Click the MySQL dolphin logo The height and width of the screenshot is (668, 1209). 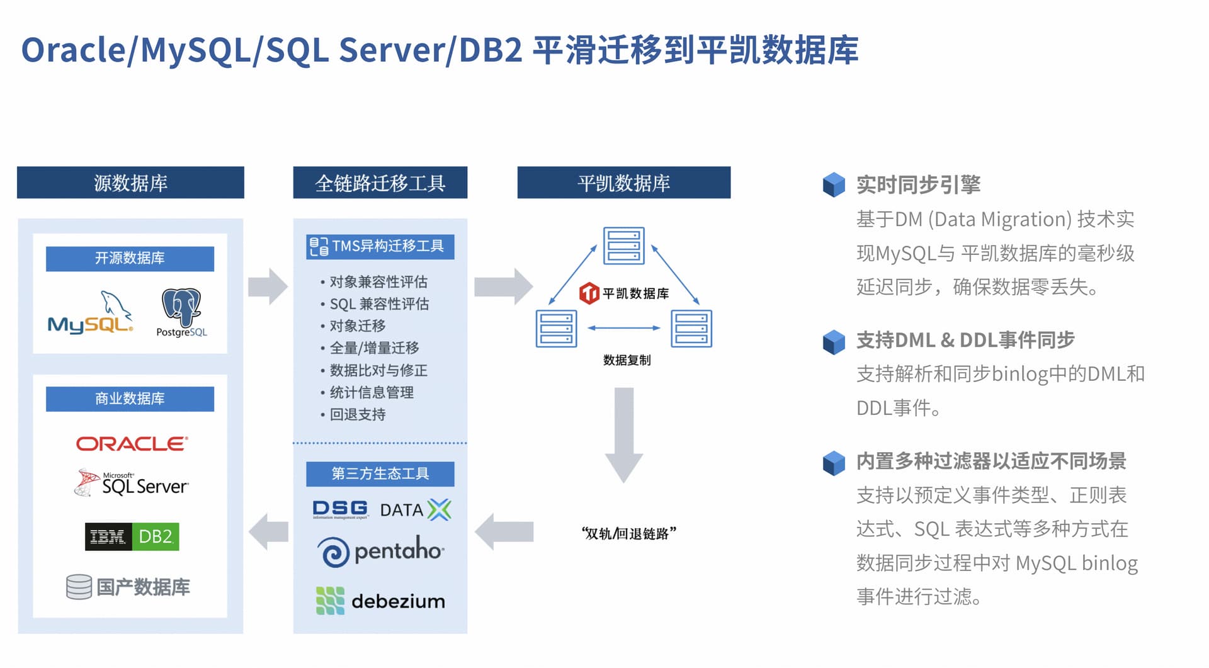[91, 314]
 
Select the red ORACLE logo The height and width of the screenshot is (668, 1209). [132, 444]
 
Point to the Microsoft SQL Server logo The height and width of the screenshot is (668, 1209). [132, 484]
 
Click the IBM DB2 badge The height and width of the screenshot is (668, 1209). [132, 536]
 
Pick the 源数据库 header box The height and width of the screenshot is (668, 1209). [130, 183]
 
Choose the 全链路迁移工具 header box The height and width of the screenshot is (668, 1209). [380, 183]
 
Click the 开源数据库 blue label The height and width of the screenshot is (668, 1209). [130, 258]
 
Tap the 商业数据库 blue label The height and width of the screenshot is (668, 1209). [130, 399]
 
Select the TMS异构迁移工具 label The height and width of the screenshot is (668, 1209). [380, 246]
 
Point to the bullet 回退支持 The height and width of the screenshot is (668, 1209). [357, 414]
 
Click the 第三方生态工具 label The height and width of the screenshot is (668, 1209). [380, 473]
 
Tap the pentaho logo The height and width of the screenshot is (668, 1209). [380, 552]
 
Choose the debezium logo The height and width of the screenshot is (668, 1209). [380, 601]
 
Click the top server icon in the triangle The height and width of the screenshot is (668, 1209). [623, 246]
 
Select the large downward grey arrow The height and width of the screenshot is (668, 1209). [623, 435]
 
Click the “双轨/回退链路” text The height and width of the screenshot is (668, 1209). [628, 533]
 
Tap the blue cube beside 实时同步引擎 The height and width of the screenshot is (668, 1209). [834, 184]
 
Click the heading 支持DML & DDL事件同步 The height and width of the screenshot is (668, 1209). [965, 340]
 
